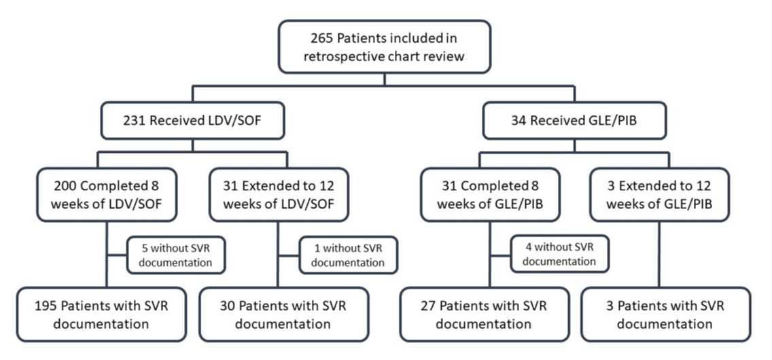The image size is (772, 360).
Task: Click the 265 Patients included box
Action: pos(385,47)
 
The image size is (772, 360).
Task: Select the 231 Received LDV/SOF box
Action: pos(192,120)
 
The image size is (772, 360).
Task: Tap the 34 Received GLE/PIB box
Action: pos(574,120)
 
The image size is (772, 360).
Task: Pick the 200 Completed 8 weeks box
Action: pos(106,195)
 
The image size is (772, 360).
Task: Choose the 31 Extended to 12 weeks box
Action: pos(279,195)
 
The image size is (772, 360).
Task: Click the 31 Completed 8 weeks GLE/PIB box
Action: pos(490,195)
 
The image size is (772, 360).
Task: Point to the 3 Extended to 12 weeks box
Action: pos(659,195)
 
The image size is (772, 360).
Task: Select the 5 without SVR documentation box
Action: pos(176,255)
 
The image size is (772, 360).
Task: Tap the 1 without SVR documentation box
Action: pos(348,255)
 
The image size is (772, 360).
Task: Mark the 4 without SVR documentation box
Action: pos(559,255)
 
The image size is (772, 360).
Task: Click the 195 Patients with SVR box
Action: pos(101,314)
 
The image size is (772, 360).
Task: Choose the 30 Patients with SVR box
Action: pos(284,314)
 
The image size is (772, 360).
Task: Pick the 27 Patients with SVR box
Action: pos(485,314)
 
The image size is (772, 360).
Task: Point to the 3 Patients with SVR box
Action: pos(666,314)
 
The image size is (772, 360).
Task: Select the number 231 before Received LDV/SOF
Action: pos(134,120)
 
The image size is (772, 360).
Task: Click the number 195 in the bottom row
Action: pos(46,306)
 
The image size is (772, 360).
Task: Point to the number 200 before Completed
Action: pos(63,186)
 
